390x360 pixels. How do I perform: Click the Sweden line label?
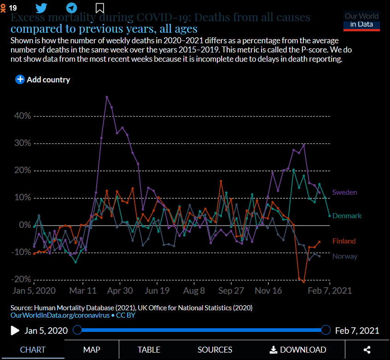[344, 192]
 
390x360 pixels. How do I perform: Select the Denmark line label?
[347, 216]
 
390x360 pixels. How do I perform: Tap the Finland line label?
[344, 241]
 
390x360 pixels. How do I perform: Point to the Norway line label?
[344, 256]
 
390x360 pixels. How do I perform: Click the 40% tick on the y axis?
[22, 116]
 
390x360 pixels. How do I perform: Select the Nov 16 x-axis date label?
[268, 291]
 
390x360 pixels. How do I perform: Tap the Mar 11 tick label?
[83, 291]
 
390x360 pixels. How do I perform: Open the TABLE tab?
[149, 350]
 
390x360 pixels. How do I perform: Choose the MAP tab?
[92, 350]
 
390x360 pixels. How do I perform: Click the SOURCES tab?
[215, 350]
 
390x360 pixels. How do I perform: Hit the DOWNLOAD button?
[298, 350]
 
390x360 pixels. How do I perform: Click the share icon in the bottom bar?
[367, 350]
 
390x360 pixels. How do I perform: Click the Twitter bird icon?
[41, 8]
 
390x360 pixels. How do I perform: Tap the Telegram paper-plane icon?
[71, 8]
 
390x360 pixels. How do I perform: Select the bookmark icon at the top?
[99, 8]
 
